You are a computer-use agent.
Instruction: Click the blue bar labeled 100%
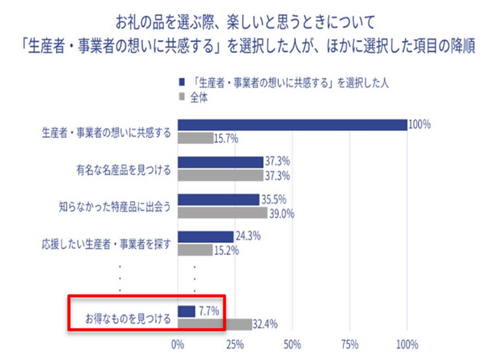292,126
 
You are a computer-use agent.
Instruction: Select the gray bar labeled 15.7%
195,138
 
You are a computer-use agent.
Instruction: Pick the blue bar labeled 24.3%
205,237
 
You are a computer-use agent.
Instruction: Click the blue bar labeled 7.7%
186,311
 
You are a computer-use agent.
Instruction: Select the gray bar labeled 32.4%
215,324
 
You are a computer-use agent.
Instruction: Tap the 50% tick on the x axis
292,344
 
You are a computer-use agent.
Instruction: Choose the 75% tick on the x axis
349,344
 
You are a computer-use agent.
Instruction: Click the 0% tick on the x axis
178,344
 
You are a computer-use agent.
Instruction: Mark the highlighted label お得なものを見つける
123,318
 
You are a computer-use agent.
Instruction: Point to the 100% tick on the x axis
407,344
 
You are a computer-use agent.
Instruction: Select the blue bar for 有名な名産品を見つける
221,162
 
